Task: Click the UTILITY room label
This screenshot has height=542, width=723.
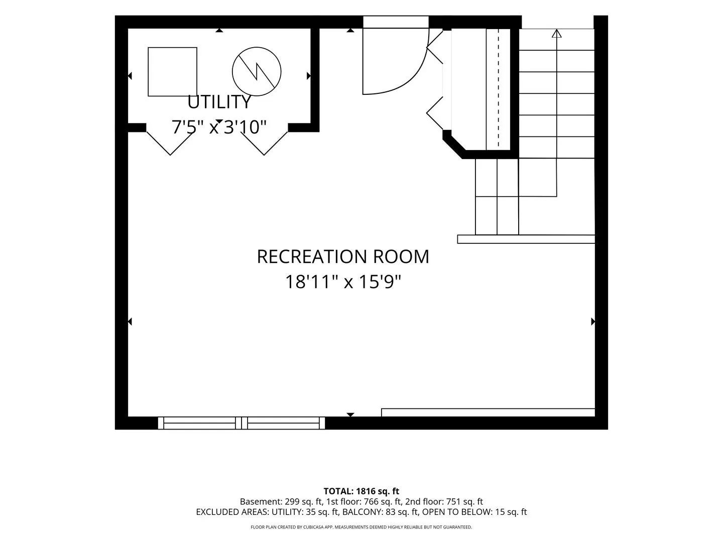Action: point(219,102)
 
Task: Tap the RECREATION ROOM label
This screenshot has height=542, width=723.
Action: point(343,256)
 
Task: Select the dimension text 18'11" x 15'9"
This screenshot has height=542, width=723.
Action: point(343,282)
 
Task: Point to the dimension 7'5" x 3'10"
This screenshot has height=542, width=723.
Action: point(219,127)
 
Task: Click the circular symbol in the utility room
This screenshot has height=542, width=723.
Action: point(257,71)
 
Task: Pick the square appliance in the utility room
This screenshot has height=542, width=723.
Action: point(172,72)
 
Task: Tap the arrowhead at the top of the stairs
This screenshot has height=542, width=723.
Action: point(556,33)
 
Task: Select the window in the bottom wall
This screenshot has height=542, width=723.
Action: point(242,423)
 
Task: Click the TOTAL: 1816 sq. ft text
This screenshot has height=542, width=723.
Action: point(361,491)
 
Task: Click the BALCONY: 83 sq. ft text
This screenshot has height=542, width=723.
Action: point(381,512)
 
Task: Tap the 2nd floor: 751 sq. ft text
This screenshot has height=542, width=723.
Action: point(444,501)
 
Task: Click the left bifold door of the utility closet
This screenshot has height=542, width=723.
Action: point(170,144)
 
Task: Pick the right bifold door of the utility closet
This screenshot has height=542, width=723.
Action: point(264,144)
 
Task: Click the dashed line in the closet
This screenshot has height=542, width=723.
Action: point(499,87)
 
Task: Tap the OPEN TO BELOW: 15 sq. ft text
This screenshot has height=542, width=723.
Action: point(474,512)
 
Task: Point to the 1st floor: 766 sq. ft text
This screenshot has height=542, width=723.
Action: point(364,501)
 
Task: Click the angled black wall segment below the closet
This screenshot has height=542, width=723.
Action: point(454,145)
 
